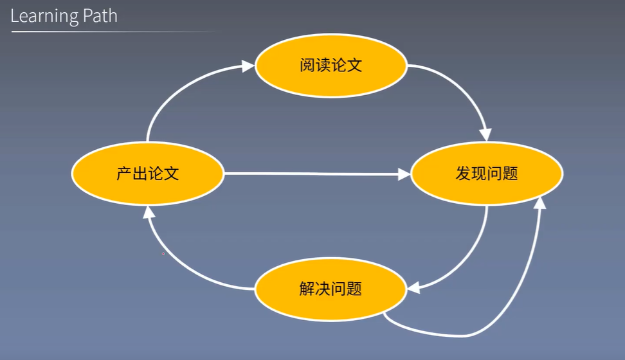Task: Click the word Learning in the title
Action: tap(43, 15)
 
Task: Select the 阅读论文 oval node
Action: tap(331, 65)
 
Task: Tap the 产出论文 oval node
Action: tap(147, 174)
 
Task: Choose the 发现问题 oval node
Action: tap(487, 174)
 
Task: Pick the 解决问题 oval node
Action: tap(331, 289)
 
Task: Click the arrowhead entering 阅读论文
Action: tap(248, 65)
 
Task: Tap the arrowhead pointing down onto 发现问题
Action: tap(485, 134)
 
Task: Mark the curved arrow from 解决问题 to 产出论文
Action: tap(180, 264)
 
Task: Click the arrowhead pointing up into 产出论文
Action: tap(148, 212)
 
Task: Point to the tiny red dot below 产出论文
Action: tap(163, 254)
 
